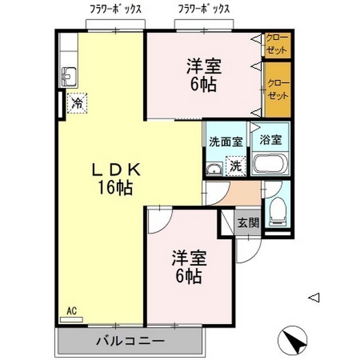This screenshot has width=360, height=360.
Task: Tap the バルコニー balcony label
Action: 129,341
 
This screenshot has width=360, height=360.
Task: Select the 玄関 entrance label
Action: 247,222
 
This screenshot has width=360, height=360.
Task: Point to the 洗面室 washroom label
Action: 226,142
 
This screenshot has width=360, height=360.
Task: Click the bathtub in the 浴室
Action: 270,165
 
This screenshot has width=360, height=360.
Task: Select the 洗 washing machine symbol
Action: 236,166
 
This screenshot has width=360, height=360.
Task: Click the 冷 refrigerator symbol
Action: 77,103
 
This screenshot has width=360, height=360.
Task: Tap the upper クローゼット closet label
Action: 277,44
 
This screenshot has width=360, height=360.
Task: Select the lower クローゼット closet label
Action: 277,89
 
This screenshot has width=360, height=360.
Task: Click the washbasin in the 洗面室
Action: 213,168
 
